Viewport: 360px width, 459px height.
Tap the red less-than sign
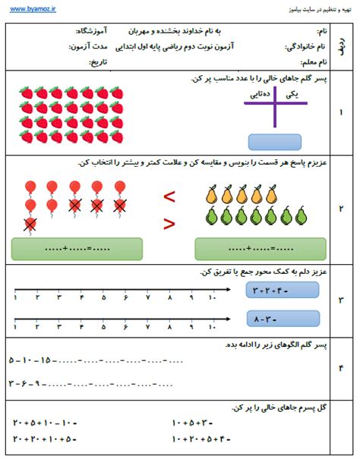[170, 196]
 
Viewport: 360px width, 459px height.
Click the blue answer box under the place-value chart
[274, 143]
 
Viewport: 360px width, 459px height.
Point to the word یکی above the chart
[292, 94]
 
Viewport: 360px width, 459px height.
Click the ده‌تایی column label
[257, 94]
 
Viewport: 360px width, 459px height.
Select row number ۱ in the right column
[340, 113]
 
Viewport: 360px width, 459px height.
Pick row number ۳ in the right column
[340, 300]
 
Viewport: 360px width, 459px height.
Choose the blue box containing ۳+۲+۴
[273, 288]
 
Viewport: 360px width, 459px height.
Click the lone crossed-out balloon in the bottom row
[29, 224]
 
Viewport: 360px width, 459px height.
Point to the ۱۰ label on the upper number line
[212, 297]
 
